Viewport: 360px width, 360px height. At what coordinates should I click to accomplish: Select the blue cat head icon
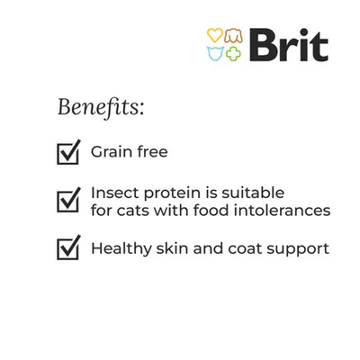click(215, 52)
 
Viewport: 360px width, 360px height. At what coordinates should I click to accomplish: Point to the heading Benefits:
click(100, 108)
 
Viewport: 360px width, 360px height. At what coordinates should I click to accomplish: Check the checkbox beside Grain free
click(68, 153)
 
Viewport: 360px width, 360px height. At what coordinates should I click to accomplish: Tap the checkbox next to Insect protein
click(68, 201)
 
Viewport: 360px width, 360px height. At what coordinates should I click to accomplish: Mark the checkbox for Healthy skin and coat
click(68, 247)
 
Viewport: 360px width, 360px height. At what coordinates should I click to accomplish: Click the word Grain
click(112, 152)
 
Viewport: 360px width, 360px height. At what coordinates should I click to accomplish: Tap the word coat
click(241, 247)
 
